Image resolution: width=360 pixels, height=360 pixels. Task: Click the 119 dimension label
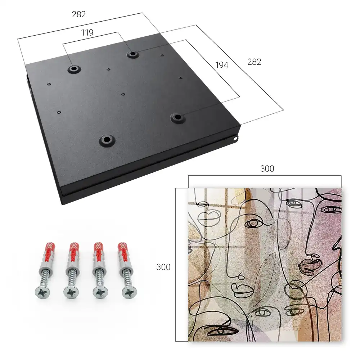87,33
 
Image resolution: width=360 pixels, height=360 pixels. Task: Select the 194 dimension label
222,65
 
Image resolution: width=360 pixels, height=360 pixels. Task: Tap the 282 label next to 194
254,62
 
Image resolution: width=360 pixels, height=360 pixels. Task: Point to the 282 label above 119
79,14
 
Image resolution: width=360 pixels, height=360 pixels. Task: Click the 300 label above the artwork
267,168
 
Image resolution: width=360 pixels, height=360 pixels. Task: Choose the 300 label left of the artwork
163,267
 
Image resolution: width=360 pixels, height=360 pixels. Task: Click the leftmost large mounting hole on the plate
74,69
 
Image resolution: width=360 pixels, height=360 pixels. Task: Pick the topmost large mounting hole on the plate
132,54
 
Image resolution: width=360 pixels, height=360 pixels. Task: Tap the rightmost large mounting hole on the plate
177,118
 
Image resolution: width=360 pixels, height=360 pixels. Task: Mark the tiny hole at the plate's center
123,94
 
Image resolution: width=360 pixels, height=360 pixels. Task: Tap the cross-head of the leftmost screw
42,292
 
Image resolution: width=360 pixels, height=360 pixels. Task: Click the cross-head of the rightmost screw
129,292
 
